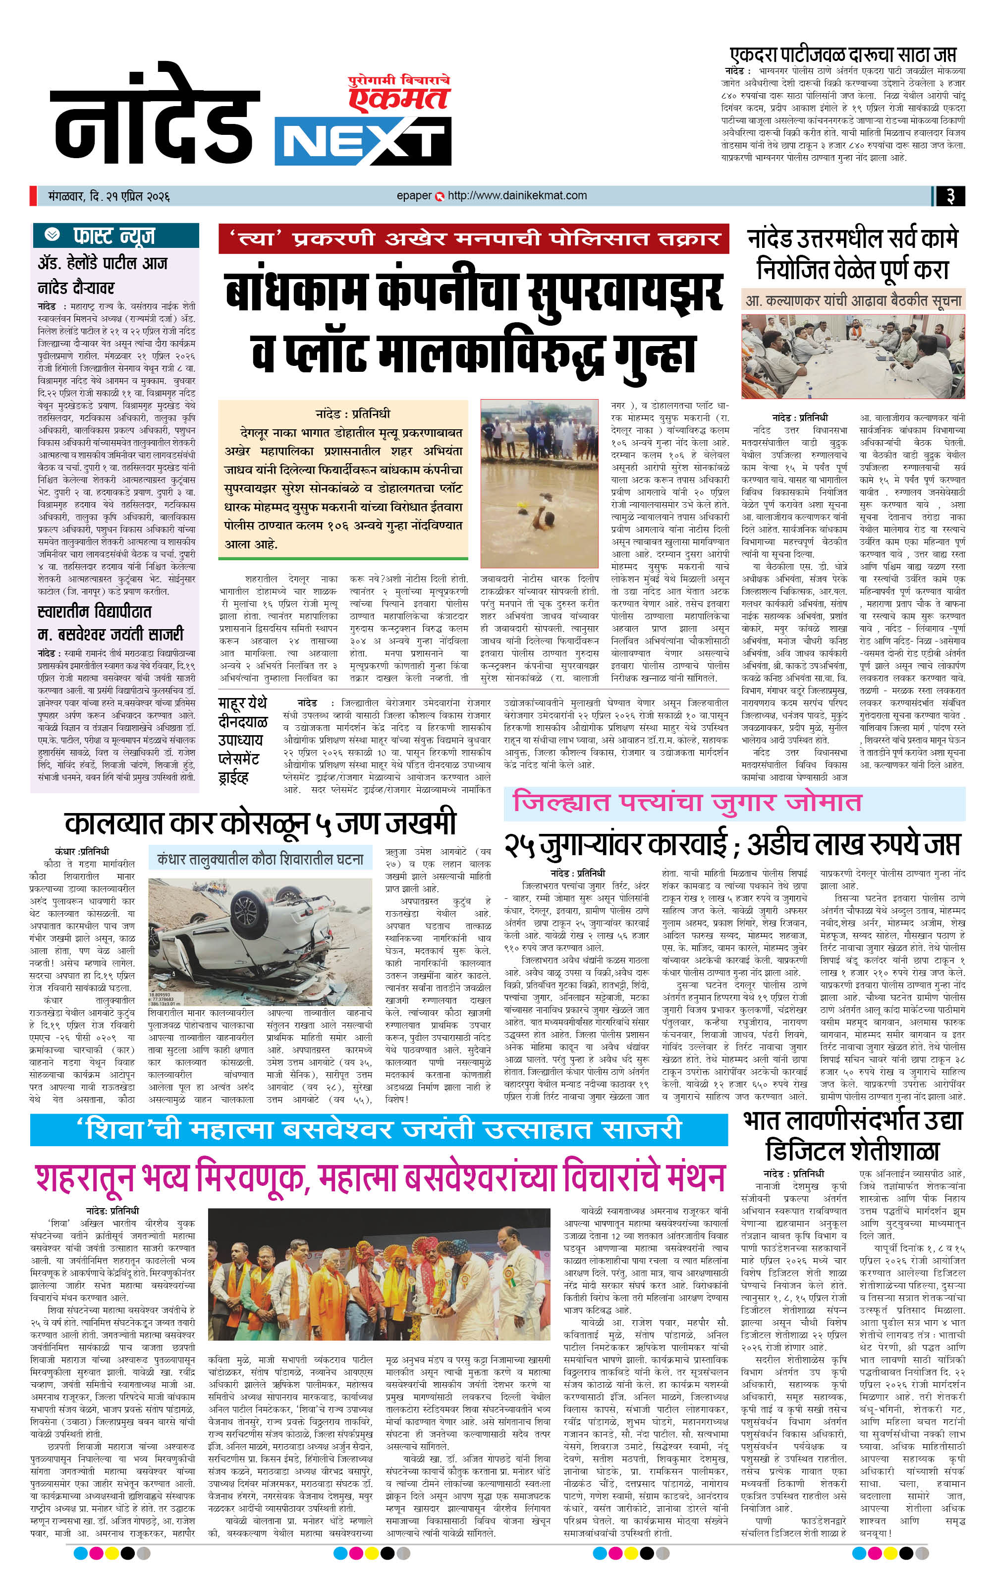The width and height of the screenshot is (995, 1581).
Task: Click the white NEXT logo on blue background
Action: pyautogui.click(x=362, y=141)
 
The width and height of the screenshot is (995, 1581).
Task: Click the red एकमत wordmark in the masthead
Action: pyautogui.click(x=398, y=99)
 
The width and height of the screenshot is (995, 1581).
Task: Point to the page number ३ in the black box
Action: pyautogui.click(x=950, y=196)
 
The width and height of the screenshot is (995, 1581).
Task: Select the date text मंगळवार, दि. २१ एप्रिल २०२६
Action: pyautogui.click(x=109, y=196)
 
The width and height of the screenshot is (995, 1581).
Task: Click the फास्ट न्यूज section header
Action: pyautogui.click(x=115, y=235)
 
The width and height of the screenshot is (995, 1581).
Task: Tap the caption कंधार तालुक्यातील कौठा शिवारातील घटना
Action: pyautogui.click(x=260, y=858)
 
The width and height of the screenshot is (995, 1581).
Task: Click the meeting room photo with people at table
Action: pyautogui.click(x=853, y=356)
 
